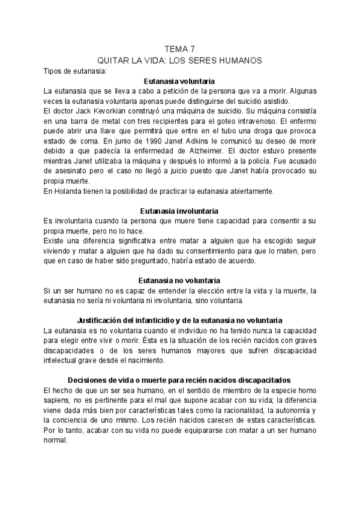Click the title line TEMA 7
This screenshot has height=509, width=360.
pyautogui.click(x=180, y=50)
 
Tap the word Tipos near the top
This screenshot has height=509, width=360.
pyautogui.click(x=55, y=71)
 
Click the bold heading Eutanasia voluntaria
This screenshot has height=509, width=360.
pyautogui.click(x=180, y=81)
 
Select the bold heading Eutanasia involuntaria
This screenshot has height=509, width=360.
pyautogui.click(x=180, y=211)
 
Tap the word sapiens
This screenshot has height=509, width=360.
pyautogui.click(x=56, y=400)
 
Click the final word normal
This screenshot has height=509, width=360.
pyautogui.click(x=57, y=440)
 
